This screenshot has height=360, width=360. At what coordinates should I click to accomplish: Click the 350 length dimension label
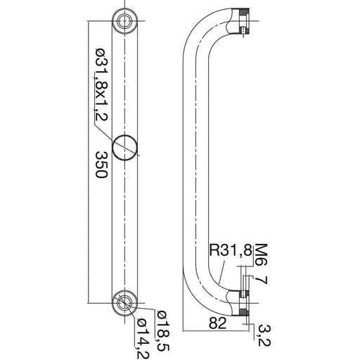click(102, 165)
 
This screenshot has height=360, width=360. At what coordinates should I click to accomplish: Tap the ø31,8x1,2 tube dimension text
click(102, 84)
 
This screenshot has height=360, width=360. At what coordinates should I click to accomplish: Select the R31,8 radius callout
click(231, 250)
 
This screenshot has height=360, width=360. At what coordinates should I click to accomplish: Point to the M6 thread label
click(261, 255)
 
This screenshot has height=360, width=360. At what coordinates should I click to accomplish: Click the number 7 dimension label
click(261, 280)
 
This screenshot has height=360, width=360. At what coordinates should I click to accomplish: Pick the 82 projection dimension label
click(217, 323)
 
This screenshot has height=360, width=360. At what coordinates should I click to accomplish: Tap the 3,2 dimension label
click(264, 336)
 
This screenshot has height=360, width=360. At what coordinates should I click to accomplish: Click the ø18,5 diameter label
click(163, 331)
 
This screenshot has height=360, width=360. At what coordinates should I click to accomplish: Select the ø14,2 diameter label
click(143, 338)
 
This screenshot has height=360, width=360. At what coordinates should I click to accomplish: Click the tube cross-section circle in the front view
click(124, 148)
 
